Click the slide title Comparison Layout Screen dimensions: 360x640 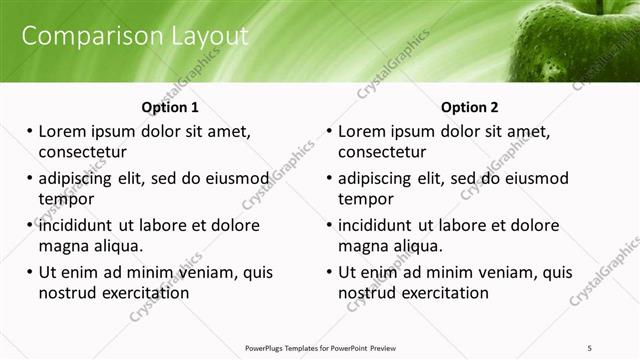click(135, 36)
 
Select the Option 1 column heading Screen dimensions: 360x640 click(170, 107)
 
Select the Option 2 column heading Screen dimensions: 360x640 click(469, 107)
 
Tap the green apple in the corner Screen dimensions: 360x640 click(580, 40)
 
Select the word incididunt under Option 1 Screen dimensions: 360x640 click(82, 225)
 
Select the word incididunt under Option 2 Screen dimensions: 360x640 click(382, 225)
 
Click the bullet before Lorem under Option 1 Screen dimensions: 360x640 click(29, 131)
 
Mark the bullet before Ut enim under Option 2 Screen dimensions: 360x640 click(329, 272)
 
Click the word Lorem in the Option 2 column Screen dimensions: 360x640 click(362, 131)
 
